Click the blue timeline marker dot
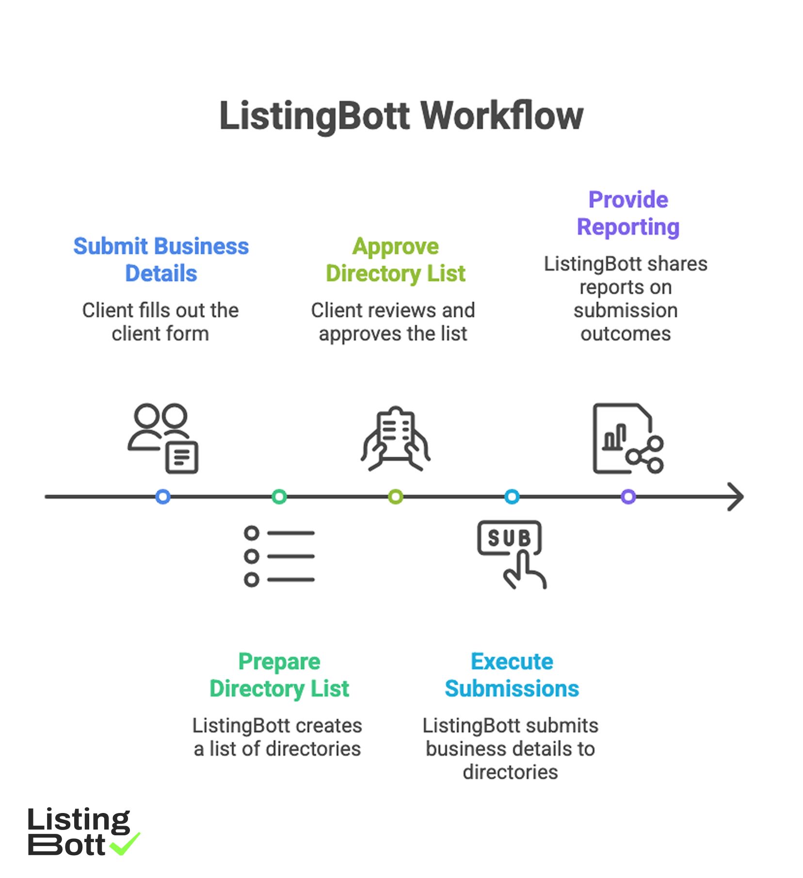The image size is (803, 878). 163,497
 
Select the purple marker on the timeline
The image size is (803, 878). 628,497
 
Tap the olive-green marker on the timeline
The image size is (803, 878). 396,497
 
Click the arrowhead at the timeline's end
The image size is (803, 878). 736,497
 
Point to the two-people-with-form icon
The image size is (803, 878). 163,438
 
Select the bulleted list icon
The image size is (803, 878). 279,556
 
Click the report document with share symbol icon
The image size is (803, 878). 627,439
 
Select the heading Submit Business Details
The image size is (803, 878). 161,260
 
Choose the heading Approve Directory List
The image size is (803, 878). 396,260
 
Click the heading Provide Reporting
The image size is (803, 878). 628,213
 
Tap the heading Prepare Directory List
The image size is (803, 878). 279,675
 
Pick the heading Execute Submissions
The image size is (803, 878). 512,675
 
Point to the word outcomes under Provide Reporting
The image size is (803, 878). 626,334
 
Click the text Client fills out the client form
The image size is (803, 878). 161,322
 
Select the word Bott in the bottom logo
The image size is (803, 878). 66,845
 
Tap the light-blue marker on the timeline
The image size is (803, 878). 512,497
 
